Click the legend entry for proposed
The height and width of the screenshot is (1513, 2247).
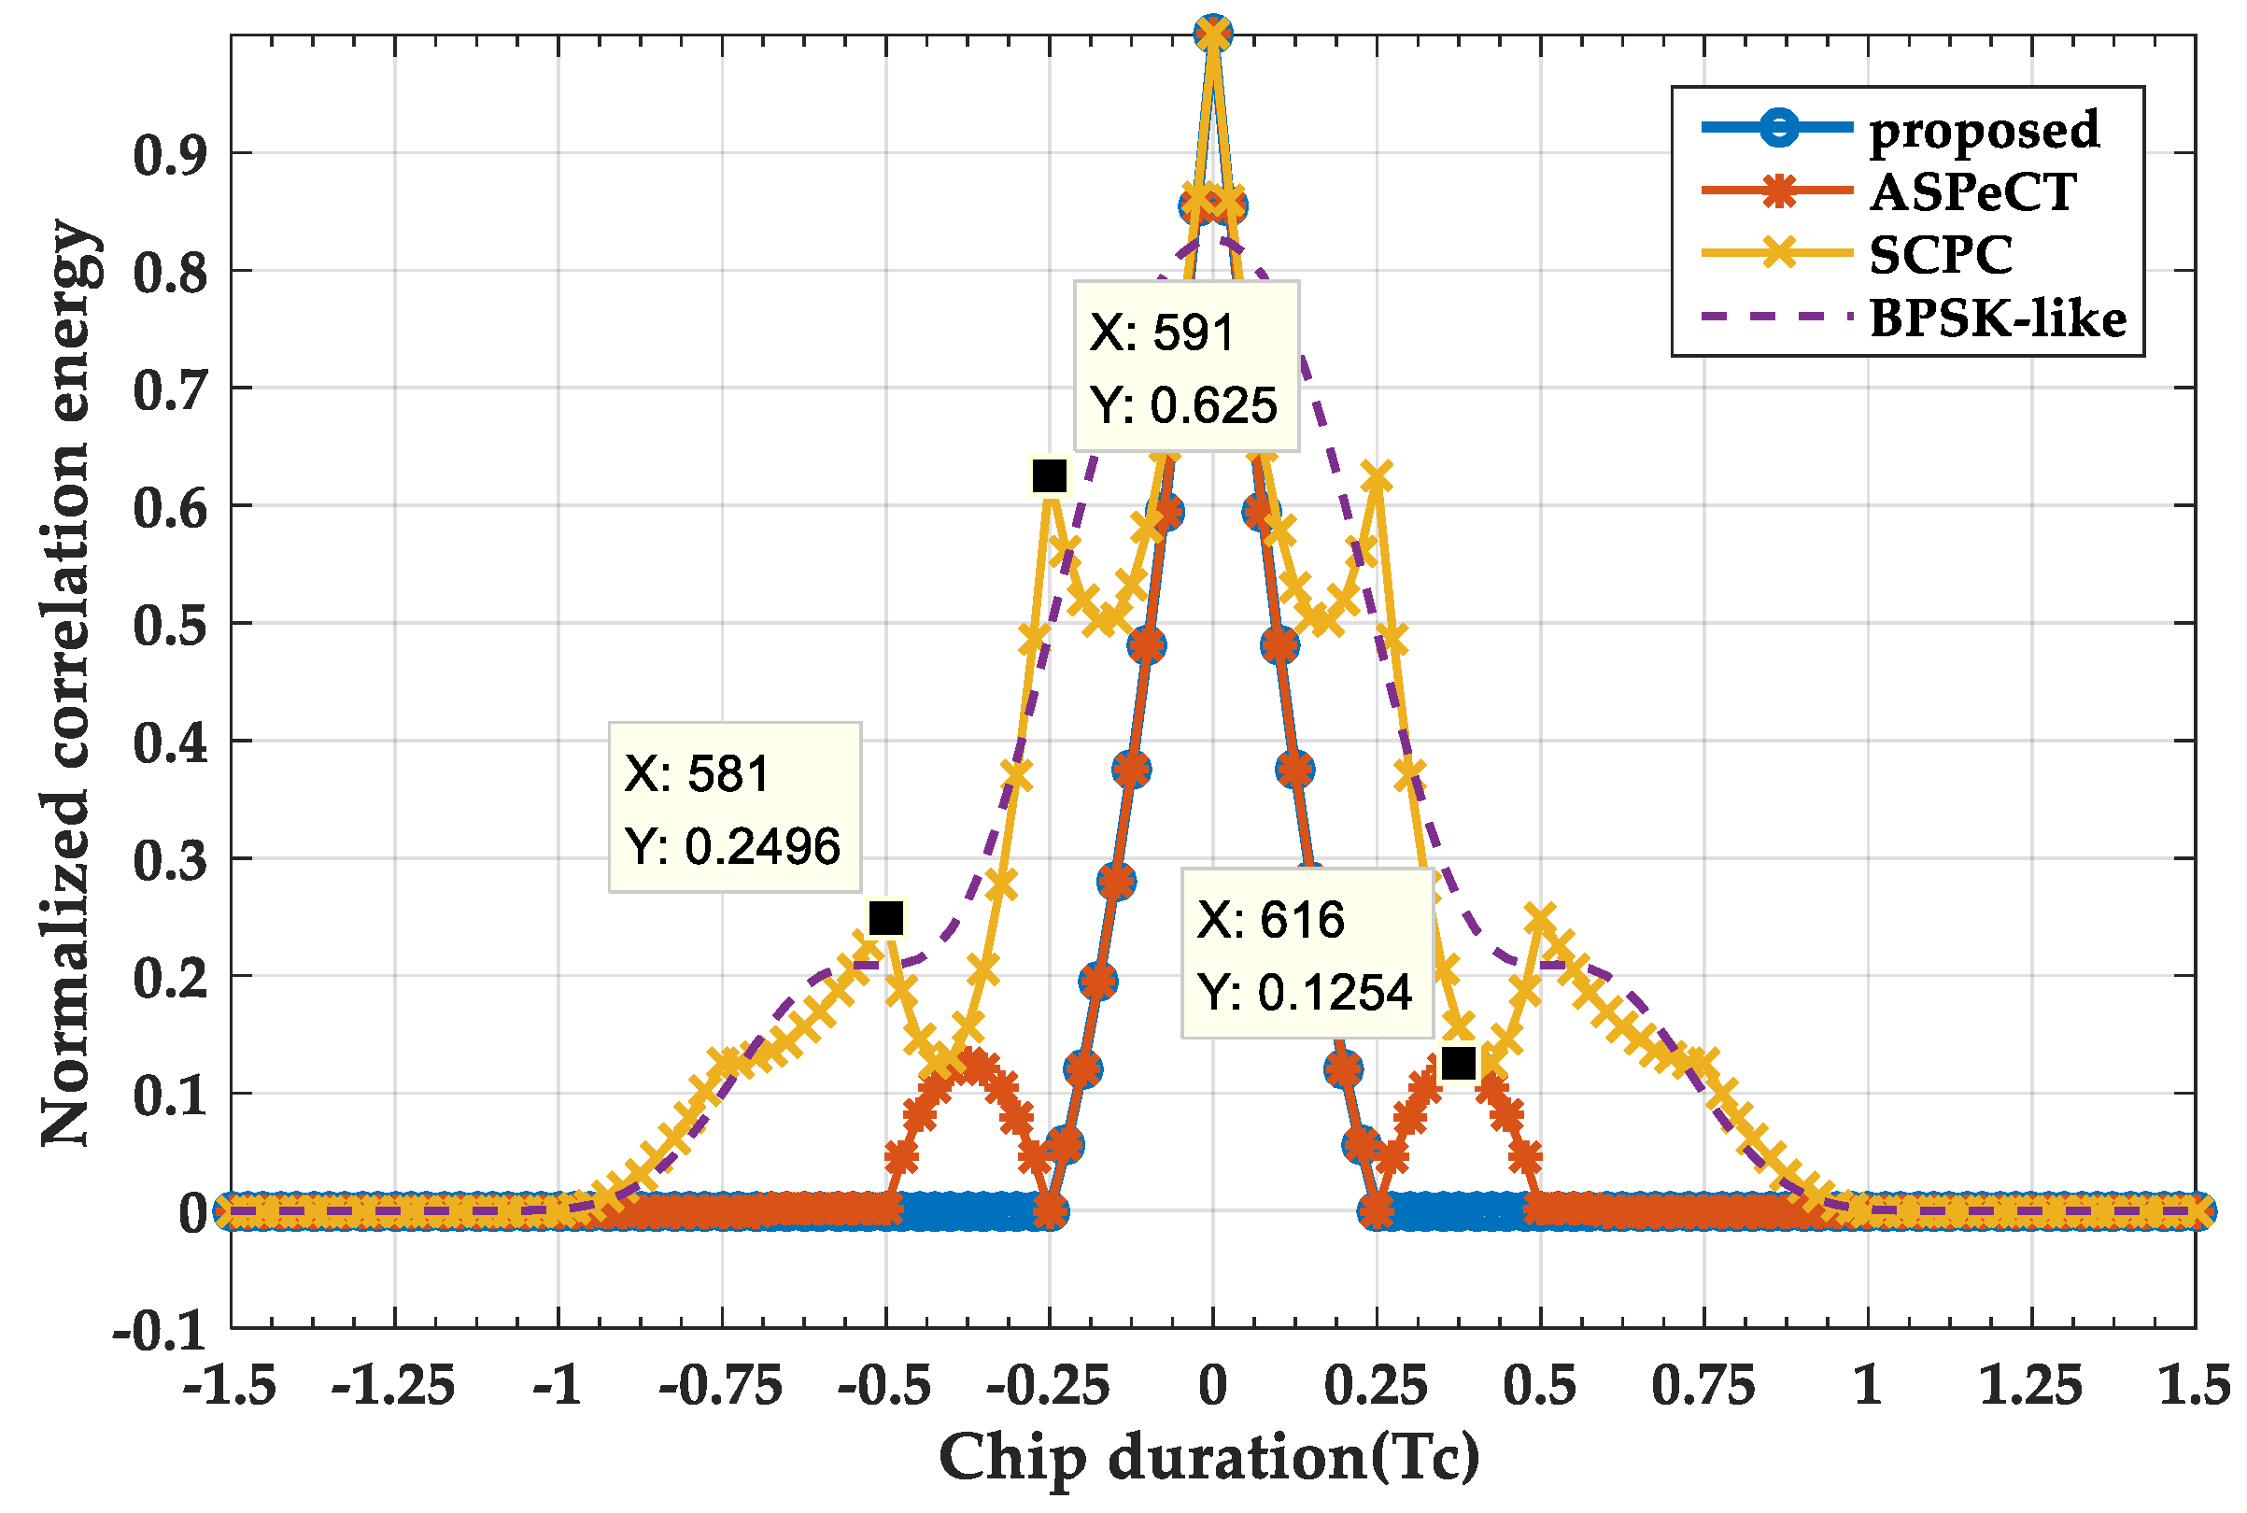[1983, 129]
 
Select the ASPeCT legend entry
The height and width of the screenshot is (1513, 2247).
[1972, 192]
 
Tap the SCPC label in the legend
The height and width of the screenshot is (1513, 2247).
[1940, 255]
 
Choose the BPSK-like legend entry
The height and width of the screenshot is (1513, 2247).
[1997, 318]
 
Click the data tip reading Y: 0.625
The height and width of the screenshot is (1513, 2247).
[1186, 367]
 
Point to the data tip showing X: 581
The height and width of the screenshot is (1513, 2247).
[734, 808]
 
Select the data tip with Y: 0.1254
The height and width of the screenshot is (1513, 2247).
[1307, 954]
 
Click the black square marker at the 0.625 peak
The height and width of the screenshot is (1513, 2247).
[1049, 475]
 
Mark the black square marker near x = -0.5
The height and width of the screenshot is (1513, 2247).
[885, 918]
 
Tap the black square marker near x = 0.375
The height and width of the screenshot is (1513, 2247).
[1458, 1063]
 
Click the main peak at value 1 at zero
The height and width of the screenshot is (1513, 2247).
[1213, 33]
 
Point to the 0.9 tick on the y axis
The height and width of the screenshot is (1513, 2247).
[170, 154]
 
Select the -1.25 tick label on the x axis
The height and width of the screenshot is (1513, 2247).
[392, 1388]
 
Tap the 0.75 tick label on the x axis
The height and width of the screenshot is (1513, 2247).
[1703, 1388]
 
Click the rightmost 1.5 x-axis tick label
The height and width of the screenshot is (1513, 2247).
[2193, 1388]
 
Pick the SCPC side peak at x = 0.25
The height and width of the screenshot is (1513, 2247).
[1377, 476]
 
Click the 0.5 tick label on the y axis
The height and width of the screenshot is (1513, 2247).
[170, 625]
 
